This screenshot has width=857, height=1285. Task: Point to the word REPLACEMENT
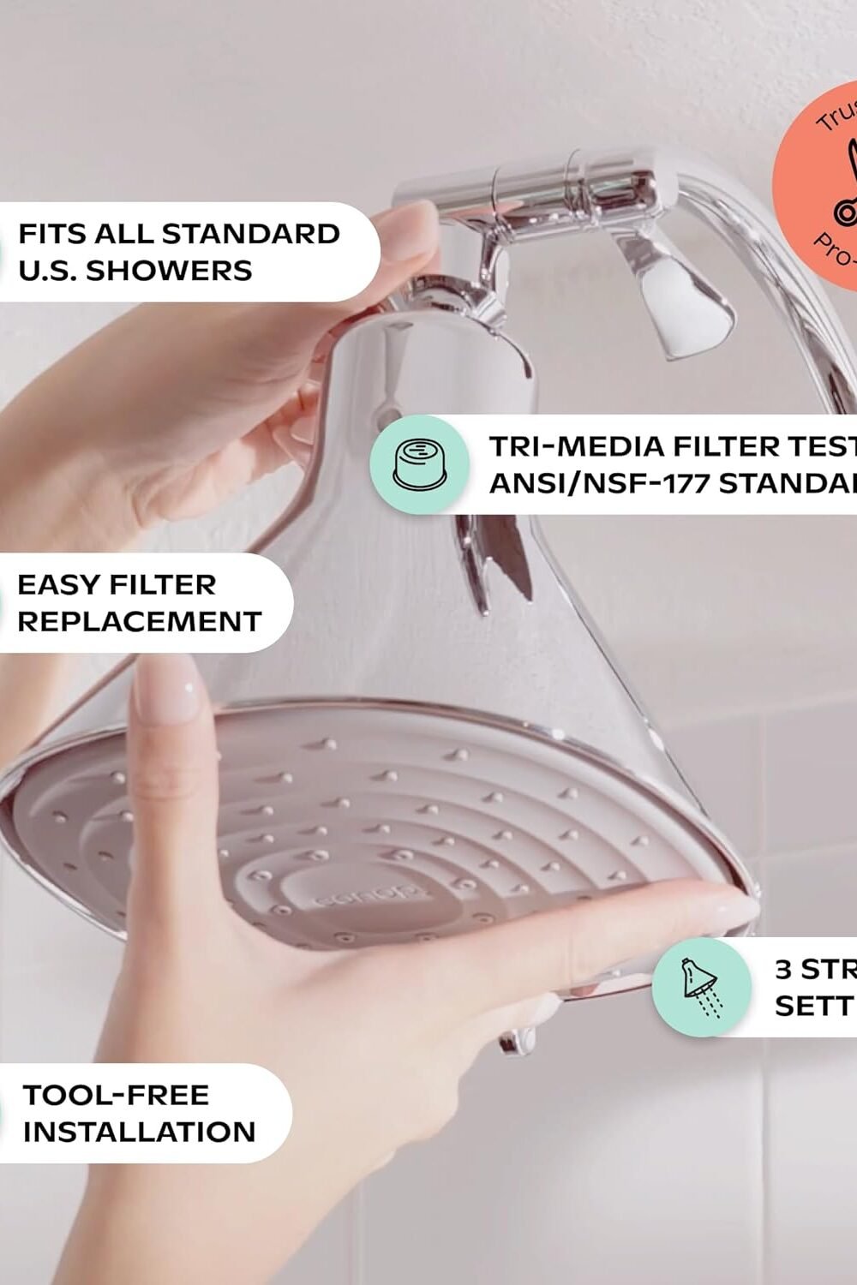coord(140,622)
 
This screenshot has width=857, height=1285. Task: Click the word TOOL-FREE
coord(116,1095)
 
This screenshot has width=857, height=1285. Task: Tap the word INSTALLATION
coord(140,1132)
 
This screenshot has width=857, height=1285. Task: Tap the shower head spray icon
coord(702,987)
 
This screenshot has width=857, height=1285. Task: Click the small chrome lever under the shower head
coord(519,1041)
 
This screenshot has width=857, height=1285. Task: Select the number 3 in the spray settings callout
coord(784,969)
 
